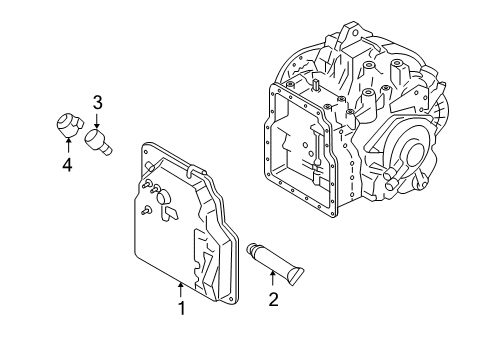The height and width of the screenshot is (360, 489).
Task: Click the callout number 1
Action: click(x=182, y=308)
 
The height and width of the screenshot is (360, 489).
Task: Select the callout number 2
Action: click(x=273, y=299)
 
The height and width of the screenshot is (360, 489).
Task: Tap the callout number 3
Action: click(x=97, y=103)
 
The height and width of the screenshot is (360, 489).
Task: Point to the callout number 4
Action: click(x=67, y=165)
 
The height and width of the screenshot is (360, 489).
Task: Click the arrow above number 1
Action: click(x=181, y=290)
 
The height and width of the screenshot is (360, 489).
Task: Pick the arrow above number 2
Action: click(x=272, y=279)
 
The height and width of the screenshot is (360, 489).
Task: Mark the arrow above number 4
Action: click(x=68, y=146)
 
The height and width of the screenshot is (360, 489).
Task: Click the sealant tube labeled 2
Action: click(x=275, y=263)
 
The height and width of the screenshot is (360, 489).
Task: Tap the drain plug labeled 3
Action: click(x=97, y=143)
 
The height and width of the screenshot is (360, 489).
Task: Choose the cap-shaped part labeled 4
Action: click(x=68, y=125)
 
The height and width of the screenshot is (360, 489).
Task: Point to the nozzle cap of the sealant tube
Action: click(x=251, y=249)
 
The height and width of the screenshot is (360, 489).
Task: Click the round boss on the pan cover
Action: click(x=163, y=197)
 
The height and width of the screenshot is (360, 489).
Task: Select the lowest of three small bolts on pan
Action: click(x=146, y=211)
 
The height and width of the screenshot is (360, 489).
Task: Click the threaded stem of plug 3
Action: click(x=107, y=151)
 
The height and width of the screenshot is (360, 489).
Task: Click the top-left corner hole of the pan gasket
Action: click(x=146, y=152)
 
